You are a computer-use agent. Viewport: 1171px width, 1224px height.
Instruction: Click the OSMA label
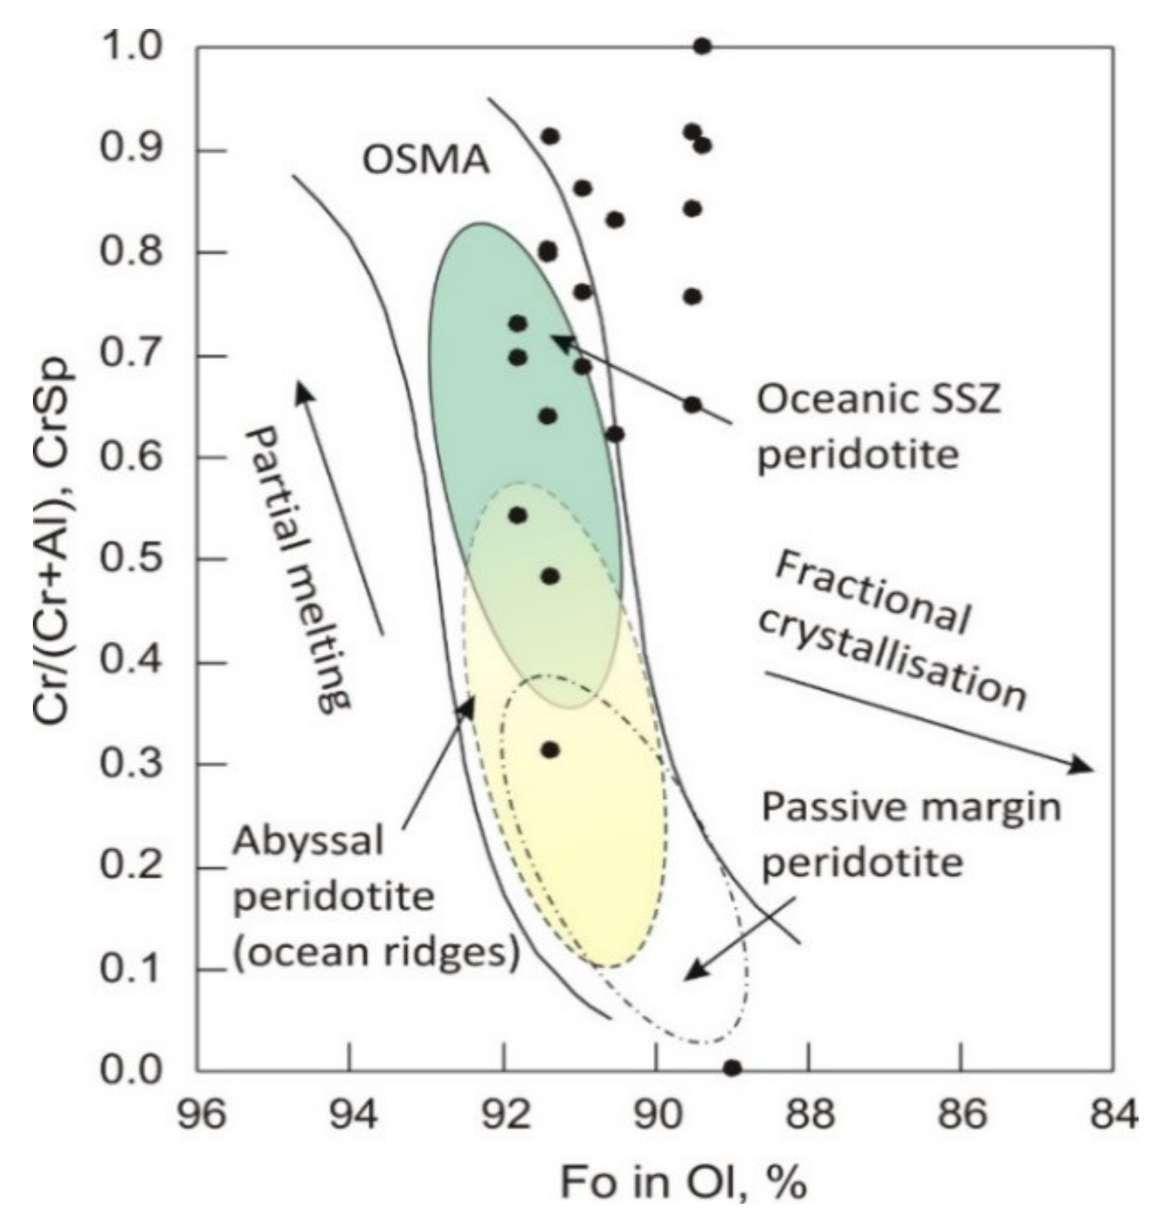pos(426,161)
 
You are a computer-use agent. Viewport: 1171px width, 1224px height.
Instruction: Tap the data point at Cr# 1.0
pos(702,46)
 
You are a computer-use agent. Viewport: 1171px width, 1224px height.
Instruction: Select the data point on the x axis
pos(732,1067)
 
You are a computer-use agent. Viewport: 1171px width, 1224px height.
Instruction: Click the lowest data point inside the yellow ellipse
pos(550,750)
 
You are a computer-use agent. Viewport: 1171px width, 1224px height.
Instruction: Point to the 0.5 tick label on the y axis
pos(132,559)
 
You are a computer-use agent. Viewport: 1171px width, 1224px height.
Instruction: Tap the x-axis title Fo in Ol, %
pos(683,1183)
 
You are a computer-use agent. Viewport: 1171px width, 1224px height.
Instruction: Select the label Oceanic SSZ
pos(879,399)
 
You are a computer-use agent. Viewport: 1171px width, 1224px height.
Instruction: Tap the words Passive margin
pos(910,807)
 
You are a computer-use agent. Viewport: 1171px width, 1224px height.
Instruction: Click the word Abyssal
pos(308,842)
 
